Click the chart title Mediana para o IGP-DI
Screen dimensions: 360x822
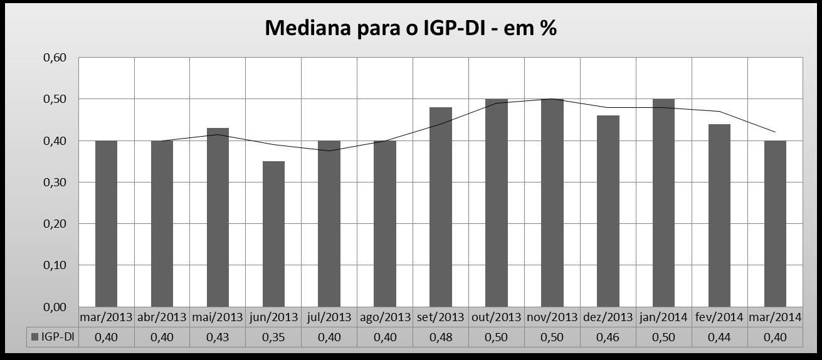tap(411, 28)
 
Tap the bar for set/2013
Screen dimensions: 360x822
tap(441, 207)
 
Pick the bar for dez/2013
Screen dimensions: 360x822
tap(608, 211)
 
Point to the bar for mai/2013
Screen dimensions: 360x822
tap(218, 218)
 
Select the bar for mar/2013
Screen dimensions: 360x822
tap(106, 224)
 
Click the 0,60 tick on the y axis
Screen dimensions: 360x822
tap(55, 58)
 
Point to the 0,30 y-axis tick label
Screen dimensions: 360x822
tap(55, 183)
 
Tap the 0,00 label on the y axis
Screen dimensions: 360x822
tap(55, 307)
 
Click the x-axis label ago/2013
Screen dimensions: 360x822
tap(385, 317)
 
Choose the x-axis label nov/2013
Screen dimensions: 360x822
tap(552, 317)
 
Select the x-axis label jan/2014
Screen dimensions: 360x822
tap(663, 317)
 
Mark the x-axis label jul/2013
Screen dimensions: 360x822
tap(329, 317)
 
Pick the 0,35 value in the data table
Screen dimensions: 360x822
tap(273, 337)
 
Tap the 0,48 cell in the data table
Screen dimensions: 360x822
tap(441, 337)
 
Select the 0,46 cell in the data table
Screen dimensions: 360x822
tap(608, 337)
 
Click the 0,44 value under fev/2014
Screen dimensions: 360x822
tap(719, 337)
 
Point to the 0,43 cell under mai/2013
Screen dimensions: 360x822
tap(218, 337)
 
